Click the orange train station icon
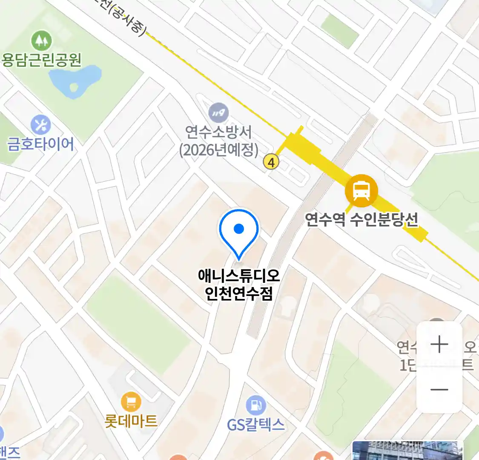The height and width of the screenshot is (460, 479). click(x=361, y=190)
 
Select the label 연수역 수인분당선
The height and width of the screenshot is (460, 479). click(x=361, y=220)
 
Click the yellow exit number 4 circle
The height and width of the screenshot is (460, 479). click(x=271, y=162)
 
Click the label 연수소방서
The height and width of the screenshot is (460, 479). click(x=218, y=132)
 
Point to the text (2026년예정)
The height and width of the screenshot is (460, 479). click(x=218, y=150)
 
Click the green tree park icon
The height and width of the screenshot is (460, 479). click(x=41, y=41)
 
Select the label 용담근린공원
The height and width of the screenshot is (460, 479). click(x=41, y=60)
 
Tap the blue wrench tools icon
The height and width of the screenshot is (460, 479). click(x=41, y=125)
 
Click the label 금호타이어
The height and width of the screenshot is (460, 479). click(x=41, y=144)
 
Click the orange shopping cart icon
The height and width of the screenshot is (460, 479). click(x=131, y=402)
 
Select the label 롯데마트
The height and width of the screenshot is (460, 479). click(x=131, y=421)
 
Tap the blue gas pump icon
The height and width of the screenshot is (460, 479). click(x=255, y=405)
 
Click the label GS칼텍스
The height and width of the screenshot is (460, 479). click(x=255, y=425)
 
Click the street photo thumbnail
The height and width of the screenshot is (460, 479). click(x=407, y=451)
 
